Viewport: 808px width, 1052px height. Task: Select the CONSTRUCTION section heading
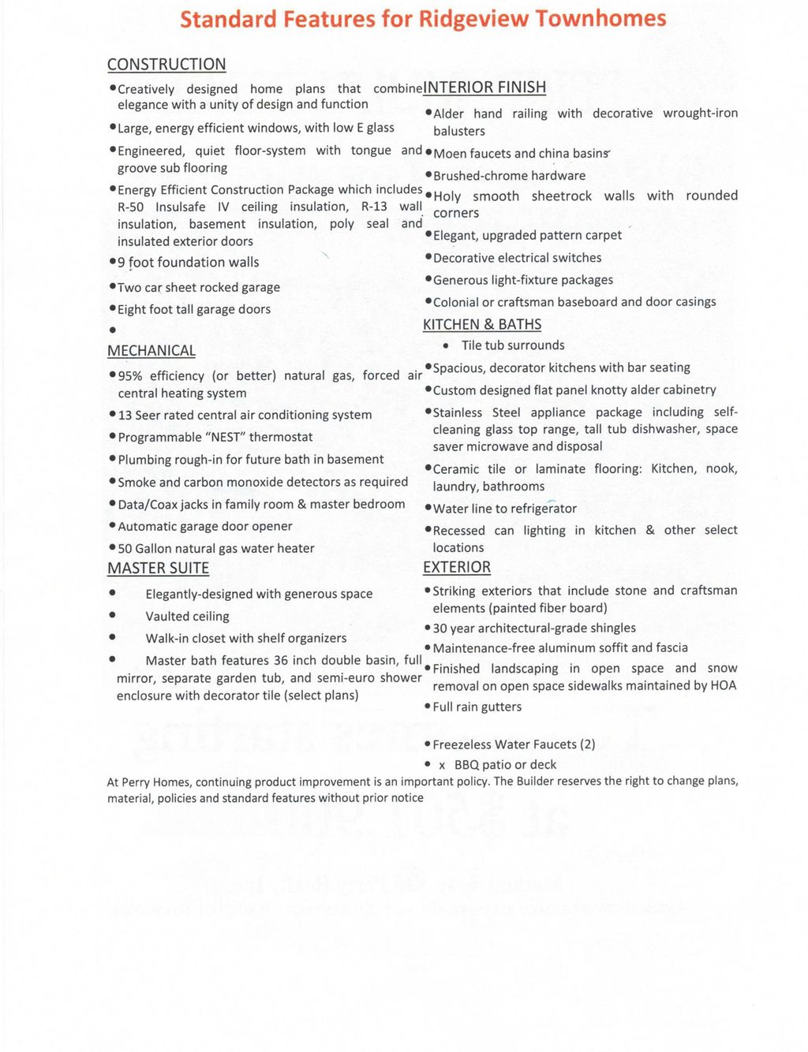pyautogui.click(x=166, y=65)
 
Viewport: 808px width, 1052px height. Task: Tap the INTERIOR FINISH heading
pyautogui.click(x=484, y=88)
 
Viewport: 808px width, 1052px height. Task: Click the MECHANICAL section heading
pyautogui.click(x=151, y=351)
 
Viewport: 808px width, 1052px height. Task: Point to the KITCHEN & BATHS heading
pyautogui.click(x=482, y=325)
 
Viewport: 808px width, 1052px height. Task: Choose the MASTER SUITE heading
pyautogui.click(x=158, y=569)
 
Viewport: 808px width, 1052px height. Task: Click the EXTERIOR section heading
pyautogui.click(x=457, y=568)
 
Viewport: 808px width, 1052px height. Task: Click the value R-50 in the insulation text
pyautogui.click(x=131, y=207)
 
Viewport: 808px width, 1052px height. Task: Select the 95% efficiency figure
pyautogui.click(x=131, y=376)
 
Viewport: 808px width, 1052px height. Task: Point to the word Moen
pyautogui.click(x=450, y=154)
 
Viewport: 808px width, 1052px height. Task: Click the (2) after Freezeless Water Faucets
pyautogui.click(x=587, y=744)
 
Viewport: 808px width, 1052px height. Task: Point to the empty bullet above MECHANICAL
pyautogui.click(x=113, y=330)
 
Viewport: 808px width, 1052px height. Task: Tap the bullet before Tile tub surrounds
pyautogui.click(x=447, y=345)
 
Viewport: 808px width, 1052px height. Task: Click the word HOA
pyautogui.click(x=723, y=686)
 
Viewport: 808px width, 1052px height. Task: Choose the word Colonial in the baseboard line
pyautogui.click(x=456, y=302)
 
